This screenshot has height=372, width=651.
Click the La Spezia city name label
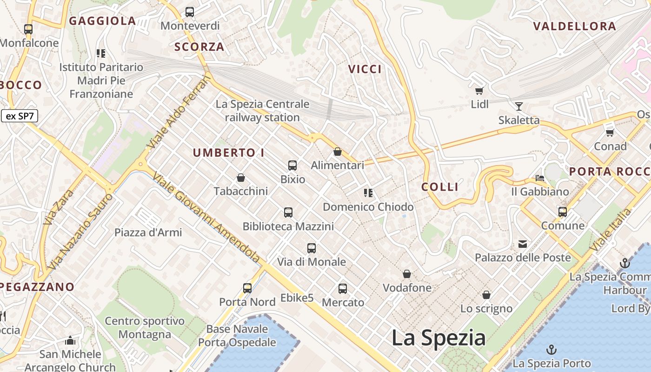pyautogui.click(x=438, y=338)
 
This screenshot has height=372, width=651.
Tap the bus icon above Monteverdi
pyautogui.click(x=190, y=12)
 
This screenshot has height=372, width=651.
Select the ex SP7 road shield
pyautogui.click(x=20, y=116)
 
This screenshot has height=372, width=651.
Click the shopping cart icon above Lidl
pyautogui.click(x=479, y=91)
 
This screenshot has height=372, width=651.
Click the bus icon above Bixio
pyautogui.click(x=292, y=166)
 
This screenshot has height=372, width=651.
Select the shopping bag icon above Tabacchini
pyautogui.click(x=241, y=178)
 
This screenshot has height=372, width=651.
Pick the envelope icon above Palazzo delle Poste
pyautogui.click(x=523, y=244)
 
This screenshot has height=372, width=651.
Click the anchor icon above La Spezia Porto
pyautogui.click(x=551, y=350)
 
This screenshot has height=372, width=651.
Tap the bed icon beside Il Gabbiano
pyautogui.click(x=540, y=178)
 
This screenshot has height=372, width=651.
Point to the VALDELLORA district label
pyautogui.click(x=574, y=26)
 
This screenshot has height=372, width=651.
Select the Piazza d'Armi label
pyautogui.click(x=148, y=232)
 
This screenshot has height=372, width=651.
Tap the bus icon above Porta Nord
pyautogui.click(x=247, y=288)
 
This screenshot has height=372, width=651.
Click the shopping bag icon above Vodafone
pyautogui.click(x=407, y=274)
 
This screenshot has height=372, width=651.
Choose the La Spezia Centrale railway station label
pyautogui.click(x=262, y=111)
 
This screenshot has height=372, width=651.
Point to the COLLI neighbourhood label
pyautogui.click(x=440, y=187)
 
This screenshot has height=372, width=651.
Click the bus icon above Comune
pyautogui.click(x=563, y=212)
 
